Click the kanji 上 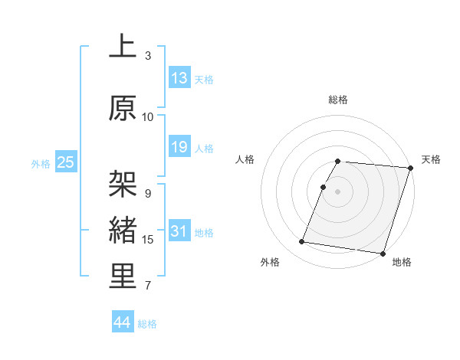coord(123,47)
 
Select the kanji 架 coord(123,185)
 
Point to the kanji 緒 coord(123,231)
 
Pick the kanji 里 coord(123,277)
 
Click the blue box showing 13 coord(179,78)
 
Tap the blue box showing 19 coord(179,147)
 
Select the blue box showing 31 coord(179,231)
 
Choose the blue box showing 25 coord(65,162)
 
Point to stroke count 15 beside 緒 coord(148,240)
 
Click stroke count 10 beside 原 coord(148,117)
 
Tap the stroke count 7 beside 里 coord(148,286)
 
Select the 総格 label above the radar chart coord(337,100)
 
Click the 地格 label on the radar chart coord(402,262)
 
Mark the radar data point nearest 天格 coord(410,168)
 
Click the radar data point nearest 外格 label coord(301,242)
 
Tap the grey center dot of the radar coord(337,191)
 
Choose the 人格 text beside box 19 coord(204,148)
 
